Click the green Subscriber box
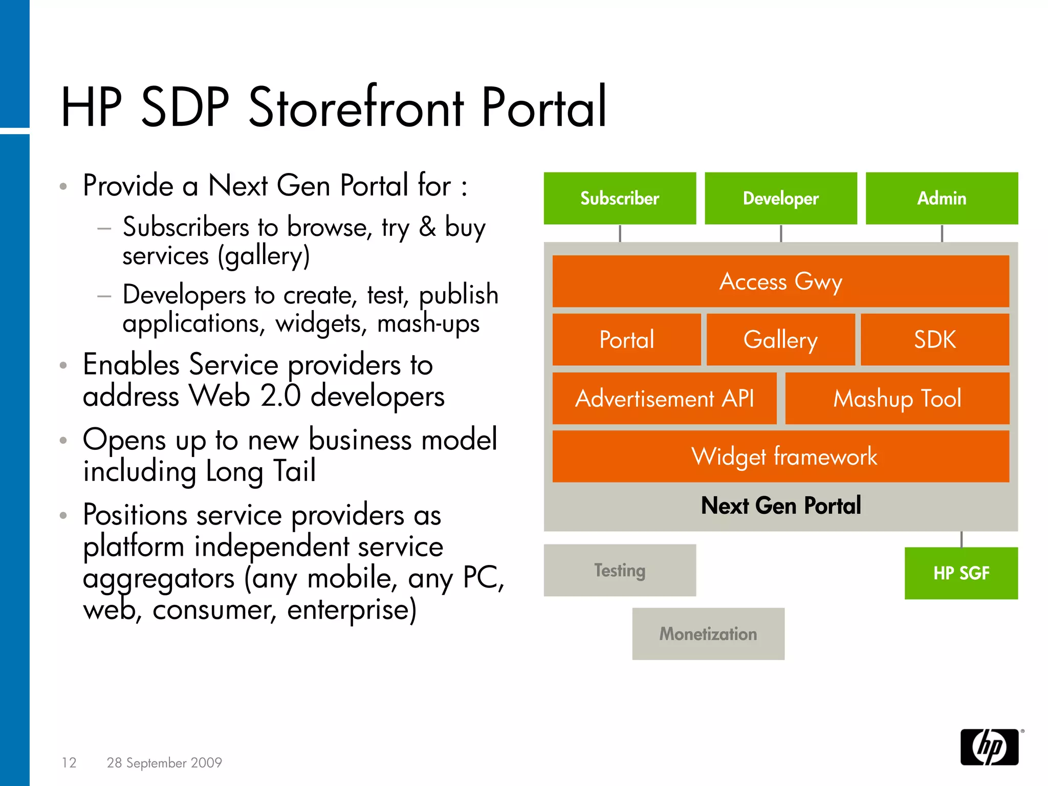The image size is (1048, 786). click(620, 199)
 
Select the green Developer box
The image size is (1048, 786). click(780, 199)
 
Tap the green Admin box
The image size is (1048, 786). click(942, 199)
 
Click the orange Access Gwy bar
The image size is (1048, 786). click(780, 281)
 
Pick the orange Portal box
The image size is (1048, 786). click(626, 340)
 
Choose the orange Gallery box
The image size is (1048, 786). click(780, 340)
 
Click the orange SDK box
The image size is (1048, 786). click(934, 340)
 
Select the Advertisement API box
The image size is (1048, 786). click(664, 399)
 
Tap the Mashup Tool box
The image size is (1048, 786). click(897, 399)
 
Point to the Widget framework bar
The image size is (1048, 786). click(780, 456)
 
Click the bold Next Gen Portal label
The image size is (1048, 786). click(780, 506)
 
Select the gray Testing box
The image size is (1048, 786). click(620, 570)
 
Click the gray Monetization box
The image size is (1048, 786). click(708, 634)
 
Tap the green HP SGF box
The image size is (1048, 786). click(961, 573)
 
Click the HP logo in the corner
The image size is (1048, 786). click(989, 747)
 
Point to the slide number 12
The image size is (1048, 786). click(69, 762)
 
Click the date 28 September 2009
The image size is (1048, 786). click(164, 762)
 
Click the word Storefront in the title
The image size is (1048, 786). click(356, 107)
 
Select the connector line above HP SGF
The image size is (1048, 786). click(962, 539)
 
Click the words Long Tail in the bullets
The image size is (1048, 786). click(261, 471)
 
